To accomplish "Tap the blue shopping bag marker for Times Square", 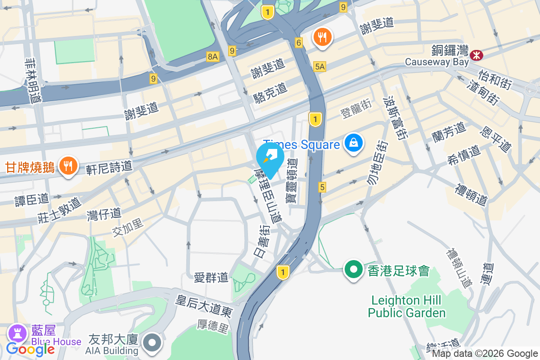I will [x=354, y=143].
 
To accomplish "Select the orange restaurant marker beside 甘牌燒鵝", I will [x=68, y=166].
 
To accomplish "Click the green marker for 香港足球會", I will [x=354, y=270].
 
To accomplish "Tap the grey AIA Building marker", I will [x=152, y=343].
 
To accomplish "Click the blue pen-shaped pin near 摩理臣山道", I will [x=270, y=158].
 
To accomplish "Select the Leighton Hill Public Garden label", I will [x=406, y=306].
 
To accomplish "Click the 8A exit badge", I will [x=212, y=56].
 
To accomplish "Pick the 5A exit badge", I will [x=319, y=67].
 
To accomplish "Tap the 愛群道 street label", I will [x=211, y=278].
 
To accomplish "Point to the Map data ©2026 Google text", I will [x=485, y=354].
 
